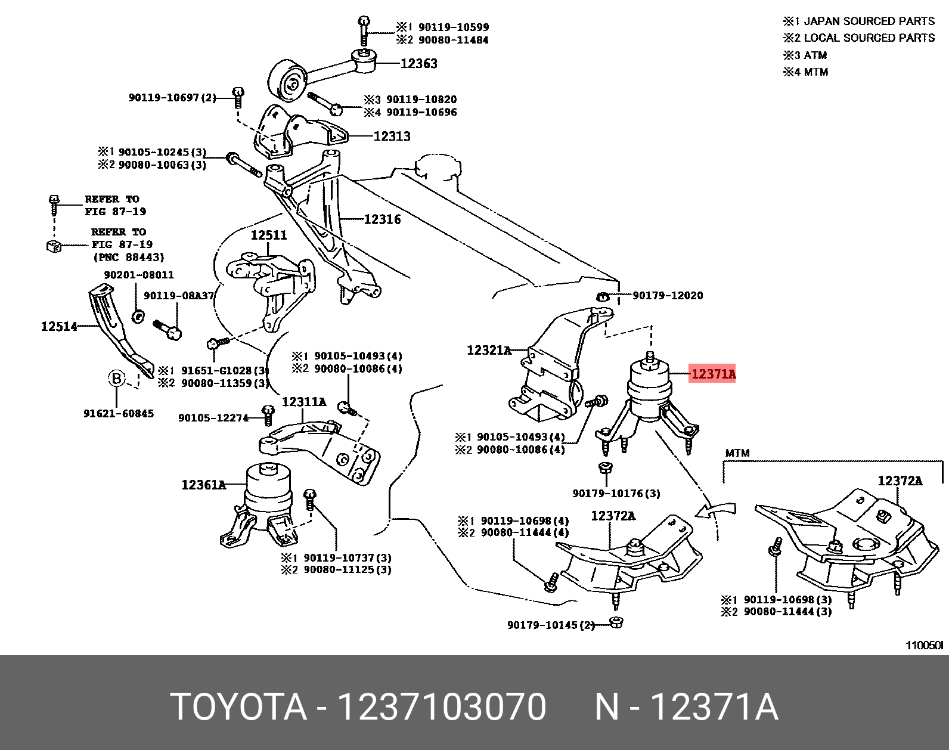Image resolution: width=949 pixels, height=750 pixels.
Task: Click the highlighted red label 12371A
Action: click(x=712, y=374)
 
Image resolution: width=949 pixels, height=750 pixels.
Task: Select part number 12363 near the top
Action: click(x=418, y=63)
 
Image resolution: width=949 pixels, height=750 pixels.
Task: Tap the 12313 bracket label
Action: click(x=392, y=136)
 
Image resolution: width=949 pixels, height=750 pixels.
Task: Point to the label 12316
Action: click(x=382, y=219)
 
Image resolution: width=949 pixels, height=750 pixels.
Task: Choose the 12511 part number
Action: click(x=268, y=235)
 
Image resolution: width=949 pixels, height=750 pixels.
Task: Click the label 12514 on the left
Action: click(x=59, y=326)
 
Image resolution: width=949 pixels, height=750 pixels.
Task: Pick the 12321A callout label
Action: click(x=489, y=350)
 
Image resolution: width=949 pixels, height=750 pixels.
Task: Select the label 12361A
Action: click(x=203, y=485)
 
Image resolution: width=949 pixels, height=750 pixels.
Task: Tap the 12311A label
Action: click(x=303, y=402)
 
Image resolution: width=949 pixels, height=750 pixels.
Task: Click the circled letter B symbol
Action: click(x=117, y=379)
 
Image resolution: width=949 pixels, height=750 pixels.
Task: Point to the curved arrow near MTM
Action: click(x=715, y=510)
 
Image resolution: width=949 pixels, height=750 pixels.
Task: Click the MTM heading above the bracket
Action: click(x=737, y=453)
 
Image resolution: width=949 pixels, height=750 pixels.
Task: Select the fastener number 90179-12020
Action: click(x=668, y=295)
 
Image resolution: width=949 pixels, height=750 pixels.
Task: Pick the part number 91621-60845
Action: click(x=119, y=413)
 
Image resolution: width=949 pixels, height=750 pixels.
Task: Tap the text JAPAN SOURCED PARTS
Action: click(x=869, y=21)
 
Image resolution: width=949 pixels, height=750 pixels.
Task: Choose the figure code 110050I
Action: click(x=925, y=645)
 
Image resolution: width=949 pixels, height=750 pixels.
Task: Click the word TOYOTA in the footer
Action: click(x=238, y=707)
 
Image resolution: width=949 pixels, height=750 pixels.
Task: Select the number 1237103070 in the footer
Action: click(x=441, y=707)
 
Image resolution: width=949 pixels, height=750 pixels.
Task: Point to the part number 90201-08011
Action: click(x=139, y=275)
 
